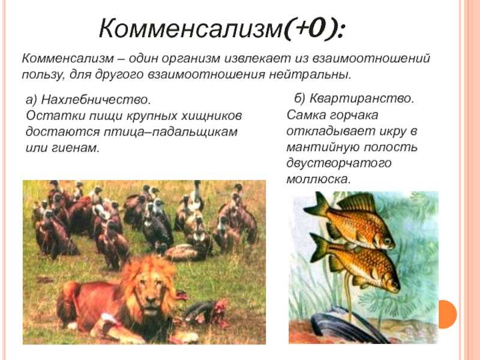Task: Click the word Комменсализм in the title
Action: pos(191,29)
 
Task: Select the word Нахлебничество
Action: pos(96,100)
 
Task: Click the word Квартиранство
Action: pos(362,98)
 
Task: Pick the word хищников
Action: pos(212,116)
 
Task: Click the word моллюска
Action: pos(318,179)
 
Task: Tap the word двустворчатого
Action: pos(339,163)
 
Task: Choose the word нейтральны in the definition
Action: pos(310,74)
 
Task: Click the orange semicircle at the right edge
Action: pos(448,314)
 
